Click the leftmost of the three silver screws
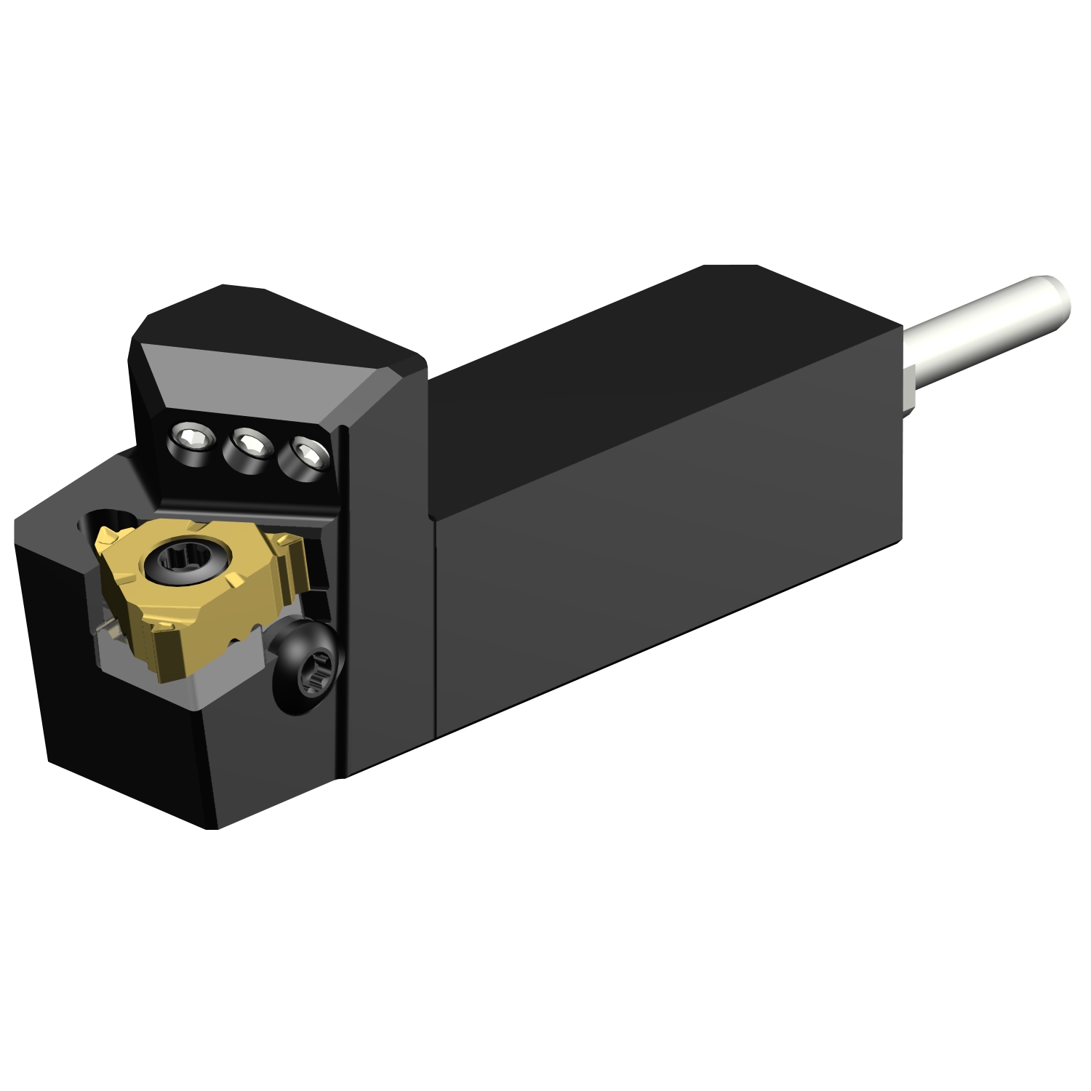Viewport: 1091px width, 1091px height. [190, 440]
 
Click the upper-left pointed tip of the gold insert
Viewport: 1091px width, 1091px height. [104, 537]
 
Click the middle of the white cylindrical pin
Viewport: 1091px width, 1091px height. [982, 327]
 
